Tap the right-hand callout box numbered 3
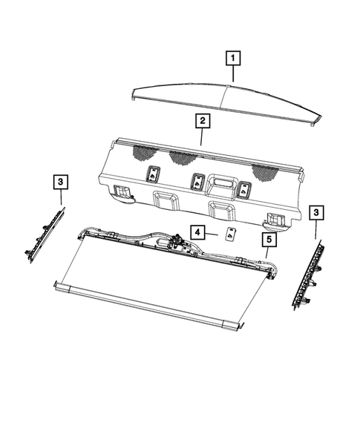pyautogui.click(x=316, y=214)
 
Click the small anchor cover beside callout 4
pyautogui.click(x=230, y=234)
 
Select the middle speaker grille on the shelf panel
pyautogui.click(x=181, y=158)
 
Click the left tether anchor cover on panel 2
pyautogui.click(x=153, y=175)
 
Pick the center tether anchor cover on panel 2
pyautogui.click(x=198, y=182)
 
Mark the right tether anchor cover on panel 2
pyautogui.click(x=243, y=189)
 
